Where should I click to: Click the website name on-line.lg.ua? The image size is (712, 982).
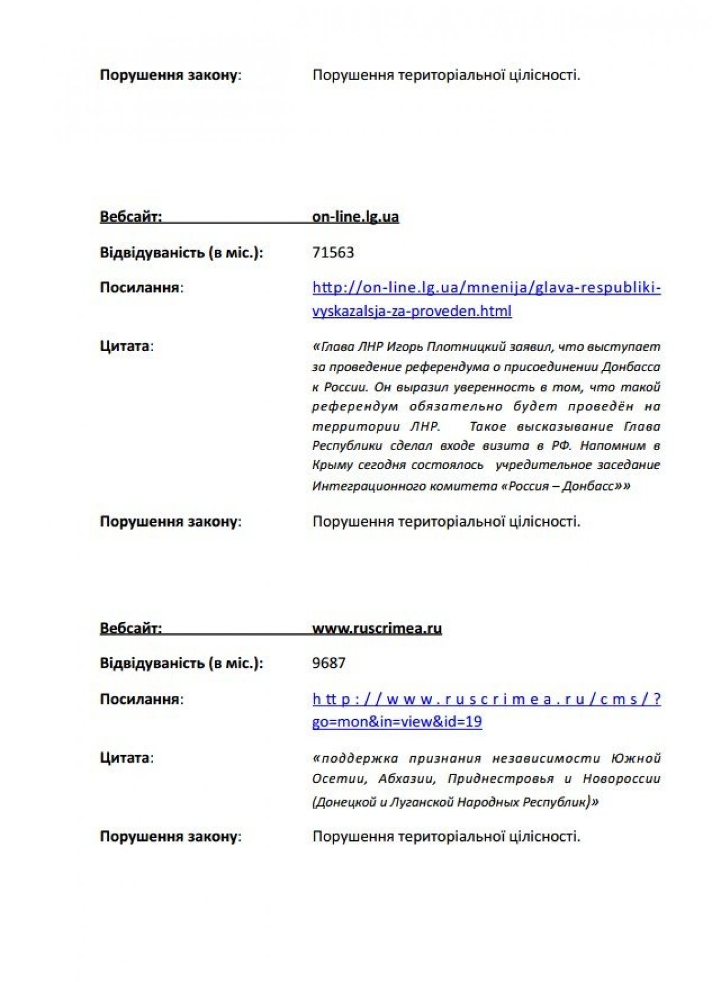355,216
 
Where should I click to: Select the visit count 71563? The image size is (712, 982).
333,253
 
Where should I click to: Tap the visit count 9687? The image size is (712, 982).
329,663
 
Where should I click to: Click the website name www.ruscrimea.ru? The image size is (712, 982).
377,628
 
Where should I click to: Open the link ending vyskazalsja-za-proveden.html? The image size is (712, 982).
412,311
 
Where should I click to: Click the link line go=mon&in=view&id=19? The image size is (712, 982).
397,722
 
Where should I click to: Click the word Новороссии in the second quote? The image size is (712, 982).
621,779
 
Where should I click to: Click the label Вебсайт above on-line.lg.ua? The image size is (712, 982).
131,216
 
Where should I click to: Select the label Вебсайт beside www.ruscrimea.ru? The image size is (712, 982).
131,628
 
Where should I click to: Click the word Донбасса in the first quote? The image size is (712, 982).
631,367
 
